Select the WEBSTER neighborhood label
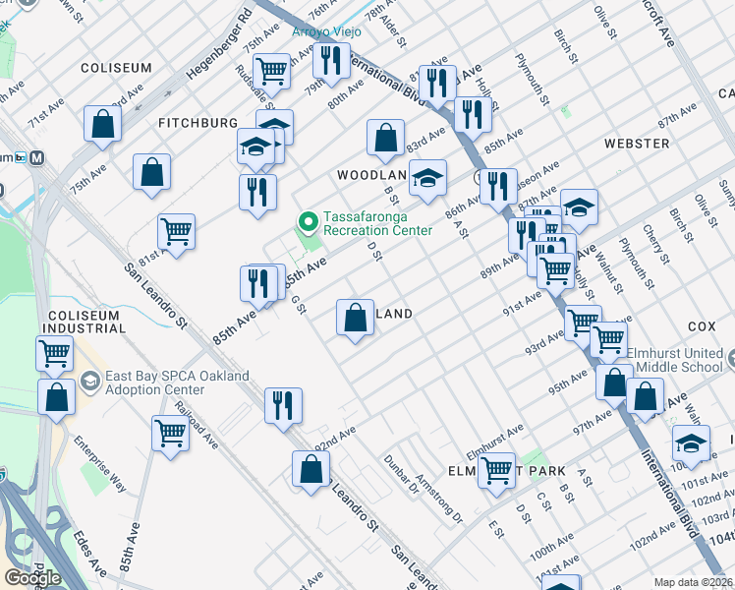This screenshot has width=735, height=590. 637,144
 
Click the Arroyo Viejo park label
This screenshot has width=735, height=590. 326,31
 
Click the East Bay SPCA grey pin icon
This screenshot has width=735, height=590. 89,381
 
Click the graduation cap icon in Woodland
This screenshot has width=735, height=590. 427,178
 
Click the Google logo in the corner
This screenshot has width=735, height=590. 31,578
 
